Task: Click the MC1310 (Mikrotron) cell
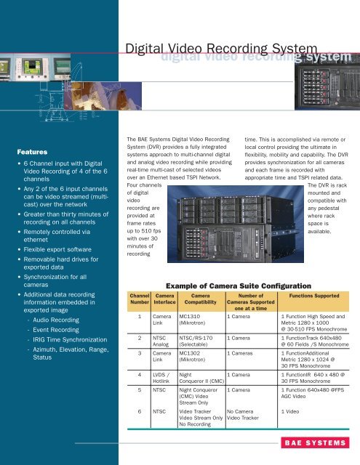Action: click(194, 320)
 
